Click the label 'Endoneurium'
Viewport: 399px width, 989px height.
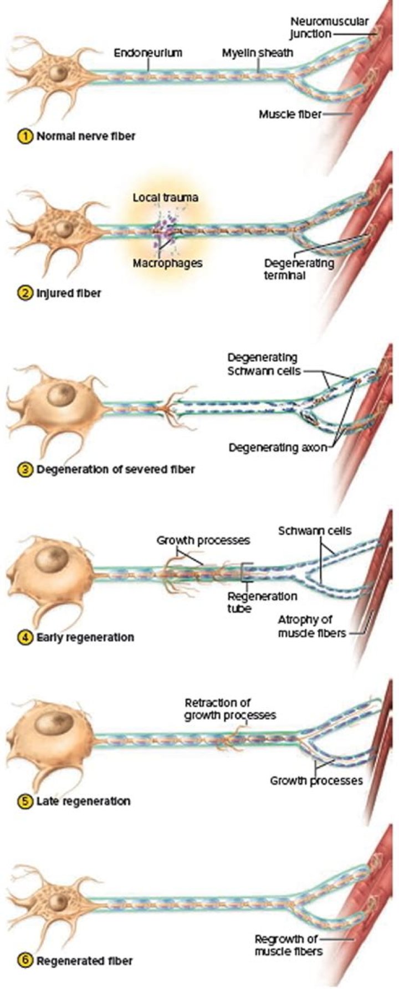pyautogui.click(x=148, y=53)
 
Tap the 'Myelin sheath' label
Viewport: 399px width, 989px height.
pyautogui.click(x=258, y=53)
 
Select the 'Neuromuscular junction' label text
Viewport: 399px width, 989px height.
pyautogui.click(x=329, y=28)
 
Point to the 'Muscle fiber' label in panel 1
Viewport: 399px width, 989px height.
pyautogui.click(x=290, y=115)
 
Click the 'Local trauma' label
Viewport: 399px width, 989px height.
pyautogui.click(x=165, y=197)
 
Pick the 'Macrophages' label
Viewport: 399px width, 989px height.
pyautogui.click(x=167, y=263)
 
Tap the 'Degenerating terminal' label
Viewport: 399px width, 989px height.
pyautogui.click(x=299, y=269)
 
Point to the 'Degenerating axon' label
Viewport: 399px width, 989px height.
pyautogui.click(x=278, y=447)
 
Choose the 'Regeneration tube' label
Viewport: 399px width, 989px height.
pyautogui.click(x=262, y=602)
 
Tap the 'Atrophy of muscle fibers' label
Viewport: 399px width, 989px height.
pyautogui.click(x=311, y=626)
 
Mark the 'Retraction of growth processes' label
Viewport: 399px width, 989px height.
pyautogui.click(x=230, y=709)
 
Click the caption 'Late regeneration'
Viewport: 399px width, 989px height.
pyautogui.click(x=83, y=801)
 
